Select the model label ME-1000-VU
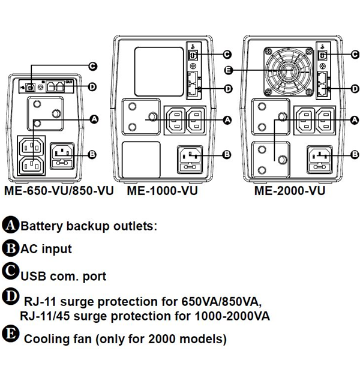click(162, 191)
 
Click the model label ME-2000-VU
click(290, 191)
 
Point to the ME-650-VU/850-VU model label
click(59, 191)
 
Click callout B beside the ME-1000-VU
click(227, 154)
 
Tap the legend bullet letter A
click(11, 226)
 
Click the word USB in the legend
click(34, 277)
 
